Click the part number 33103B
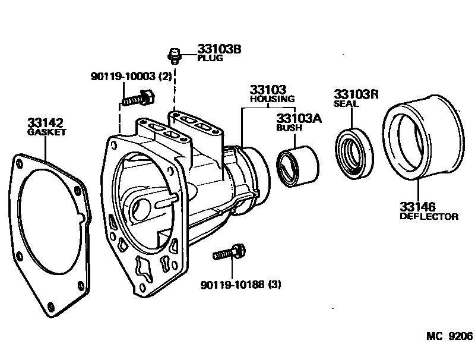[x=202, y=50]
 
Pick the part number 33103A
[x=299, y=118]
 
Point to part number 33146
[x=417, y=207]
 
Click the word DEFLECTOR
[x=429, y=216]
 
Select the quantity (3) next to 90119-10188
[x=275, y=285]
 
